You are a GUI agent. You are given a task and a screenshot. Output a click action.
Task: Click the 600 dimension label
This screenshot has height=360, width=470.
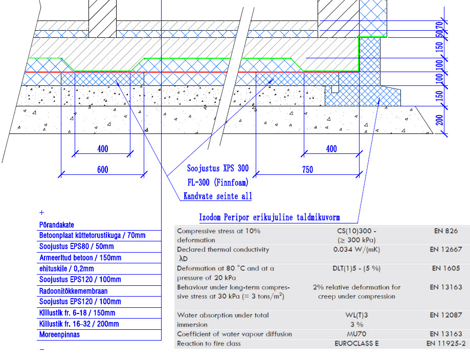(x=102, y=170)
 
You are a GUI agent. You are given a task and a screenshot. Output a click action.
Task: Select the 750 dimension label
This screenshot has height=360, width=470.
(x=307, y=170)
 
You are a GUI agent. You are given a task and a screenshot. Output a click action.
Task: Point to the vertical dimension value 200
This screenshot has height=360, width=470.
(x=440, y=120)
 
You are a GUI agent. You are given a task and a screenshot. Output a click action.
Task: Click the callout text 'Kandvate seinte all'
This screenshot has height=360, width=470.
(x=218, y=196)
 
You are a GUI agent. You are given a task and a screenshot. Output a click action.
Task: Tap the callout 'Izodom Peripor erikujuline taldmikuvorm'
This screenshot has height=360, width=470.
(x=270, y=217)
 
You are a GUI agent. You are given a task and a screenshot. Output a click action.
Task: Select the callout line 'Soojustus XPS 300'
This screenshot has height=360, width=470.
(x=218, y=168)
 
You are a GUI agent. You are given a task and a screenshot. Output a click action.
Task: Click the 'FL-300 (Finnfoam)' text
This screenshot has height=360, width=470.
(x=218, y=182)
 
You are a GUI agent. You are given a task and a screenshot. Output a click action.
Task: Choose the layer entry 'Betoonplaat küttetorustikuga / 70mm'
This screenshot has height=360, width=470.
(x=93, y=235)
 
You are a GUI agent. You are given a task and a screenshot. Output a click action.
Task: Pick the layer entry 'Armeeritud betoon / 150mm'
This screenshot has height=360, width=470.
(x=80, y=258)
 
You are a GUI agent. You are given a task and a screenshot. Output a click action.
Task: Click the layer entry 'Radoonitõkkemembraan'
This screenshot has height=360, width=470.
(x=74, y=291)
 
